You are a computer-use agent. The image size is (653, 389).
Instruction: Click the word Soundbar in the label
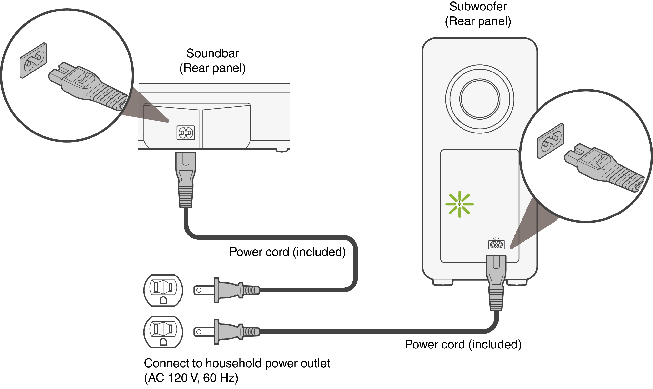coord(212,53)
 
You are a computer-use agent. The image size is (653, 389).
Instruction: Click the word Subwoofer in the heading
coord(478,7)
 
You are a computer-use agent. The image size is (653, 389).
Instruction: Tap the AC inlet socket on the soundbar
coord(186,133)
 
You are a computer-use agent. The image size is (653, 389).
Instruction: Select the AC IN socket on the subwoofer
coord(496,245)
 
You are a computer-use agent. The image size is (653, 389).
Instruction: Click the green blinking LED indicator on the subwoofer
coord(459,204)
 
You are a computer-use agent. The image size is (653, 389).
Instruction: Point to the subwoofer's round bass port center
coord(480,99)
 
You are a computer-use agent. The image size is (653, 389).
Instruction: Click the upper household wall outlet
coord(163,290)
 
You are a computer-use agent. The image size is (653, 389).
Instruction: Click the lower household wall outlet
coord(163,332)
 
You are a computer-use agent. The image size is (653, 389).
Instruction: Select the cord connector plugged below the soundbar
coord(185,178)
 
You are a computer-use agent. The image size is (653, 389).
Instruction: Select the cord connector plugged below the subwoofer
coord(496,282)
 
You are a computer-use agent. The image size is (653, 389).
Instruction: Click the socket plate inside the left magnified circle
coord(33,61)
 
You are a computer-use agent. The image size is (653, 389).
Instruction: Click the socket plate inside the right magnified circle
coord(550,141)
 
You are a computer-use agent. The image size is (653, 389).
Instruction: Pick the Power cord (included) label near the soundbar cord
coord(287,252)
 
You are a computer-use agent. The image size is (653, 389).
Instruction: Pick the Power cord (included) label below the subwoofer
coord(463,344)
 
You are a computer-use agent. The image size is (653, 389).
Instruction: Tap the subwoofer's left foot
coord(442,283)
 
